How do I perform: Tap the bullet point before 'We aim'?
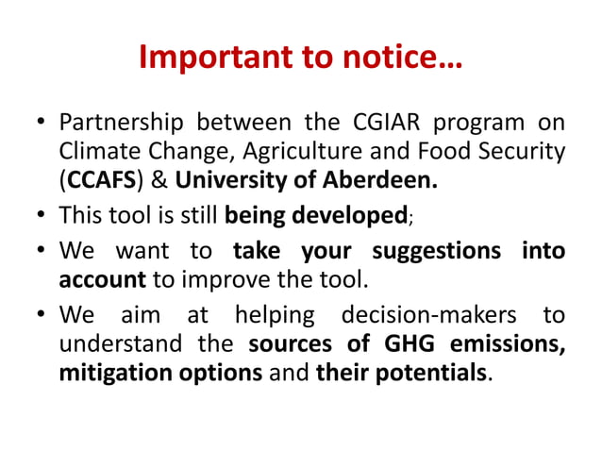[x=42, y=316]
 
